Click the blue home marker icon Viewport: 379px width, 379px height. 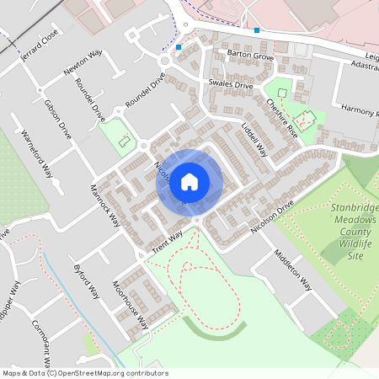[189, 181]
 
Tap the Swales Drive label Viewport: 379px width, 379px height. [230, 85]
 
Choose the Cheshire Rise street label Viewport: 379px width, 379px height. [282, 118]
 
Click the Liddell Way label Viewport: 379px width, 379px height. [254, 140]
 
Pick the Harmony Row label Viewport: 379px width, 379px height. [359, 110]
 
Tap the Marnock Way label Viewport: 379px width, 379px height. [106, 206]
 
